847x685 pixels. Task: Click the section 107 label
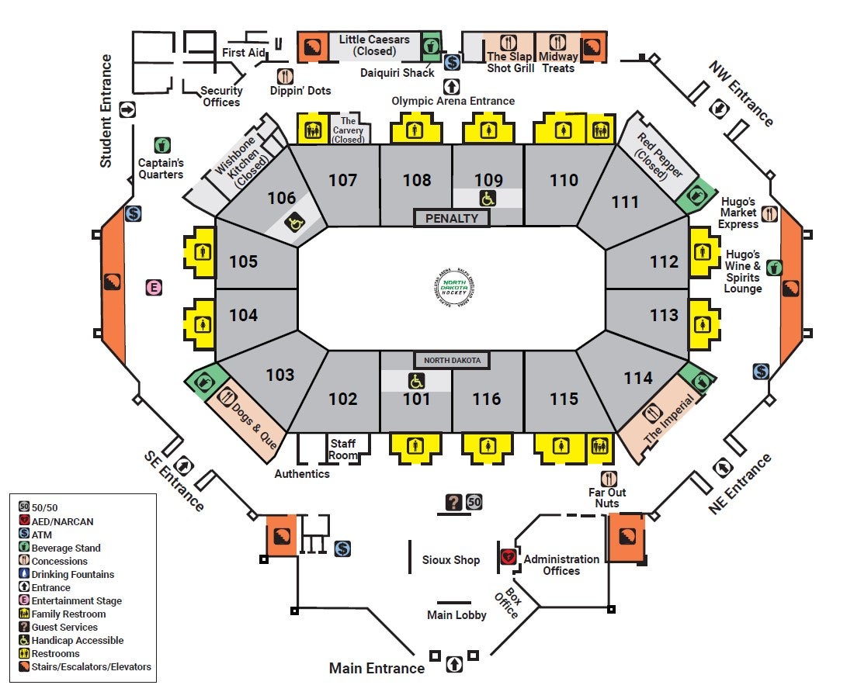(x=342, y=180)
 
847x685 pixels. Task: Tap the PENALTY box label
(x=452, y=218)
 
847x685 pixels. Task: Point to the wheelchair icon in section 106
(x=297, y=223)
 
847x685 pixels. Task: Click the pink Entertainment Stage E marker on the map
(x=154, y=288)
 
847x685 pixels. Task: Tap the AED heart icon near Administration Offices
(x=509, y=556)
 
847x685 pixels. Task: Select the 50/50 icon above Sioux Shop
(x=474, y=502)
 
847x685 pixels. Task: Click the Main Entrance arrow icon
(x=454, y=664)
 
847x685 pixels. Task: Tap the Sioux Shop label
(x=451, y=559)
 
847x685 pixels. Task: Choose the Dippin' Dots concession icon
(x=286, y=76)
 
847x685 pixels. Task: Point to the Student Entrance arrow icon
(x=128, y=109)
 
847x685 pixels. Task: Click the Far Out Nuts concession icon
(x=609, y=479)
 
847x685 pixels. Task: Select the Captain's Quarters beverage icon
(x=161, y=144)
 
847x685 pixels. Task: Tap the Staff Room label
(x=343, y=449)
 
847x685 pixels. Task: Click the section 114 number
(x=638, y=378)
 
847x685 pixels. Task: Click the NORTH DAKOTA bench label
(x=452, y=360)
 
